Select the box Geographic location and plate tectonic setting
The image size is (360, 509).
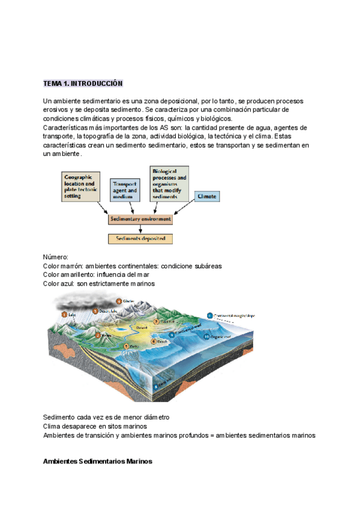click(x=83, y=187)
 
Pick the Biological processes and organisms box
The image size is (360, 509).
click(x=169, y=184)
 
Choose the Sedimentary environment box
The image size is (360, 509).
click(x=140, y=219)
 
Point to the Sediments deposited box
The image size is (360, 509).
click(x=140, y=239)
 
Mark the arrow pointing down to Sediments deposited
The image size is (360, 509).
click(x=140, y=229)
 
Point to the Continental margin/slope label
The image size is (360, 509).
click(x=232, y=314)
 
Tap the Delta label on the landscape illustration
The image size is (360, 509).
click(x=133, y=347)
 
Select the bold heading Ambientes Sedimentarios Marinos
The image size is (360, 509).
click(x=98, y=462)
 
